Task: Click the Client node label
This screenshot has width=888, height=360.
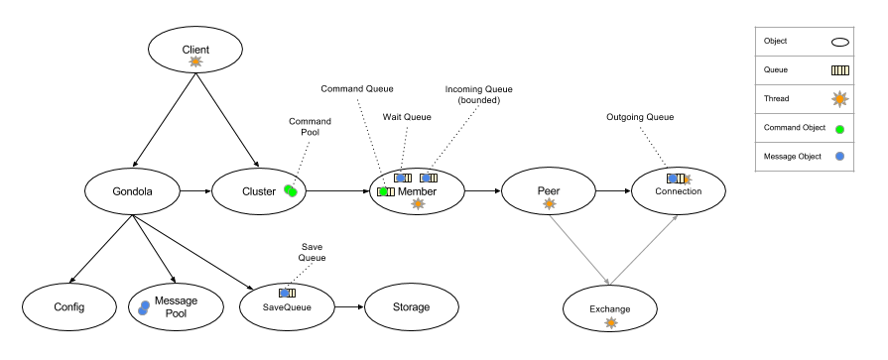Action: (x=195, y=50)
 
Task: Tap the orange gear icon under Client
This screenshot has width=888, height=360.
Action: (x=195, y=61)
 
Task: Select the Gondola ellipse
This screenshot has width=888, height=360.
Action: (x=132, y=191)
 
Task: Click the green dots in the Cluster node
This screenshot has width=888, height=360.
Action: (x=291, y=190)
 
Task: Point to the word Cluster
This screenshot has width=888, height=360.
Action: (x=259, y=191)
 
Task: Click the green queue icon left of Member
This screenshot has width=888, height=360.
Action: (x=385, y=191)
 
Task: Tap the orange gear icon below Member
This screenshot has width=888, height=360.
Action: (x=418, y=203)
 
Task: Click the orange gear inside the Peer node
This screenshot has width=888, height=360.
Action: (x=549, y=203)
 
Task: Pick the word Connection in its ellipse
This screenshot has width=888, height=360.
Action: (x=679, y=191)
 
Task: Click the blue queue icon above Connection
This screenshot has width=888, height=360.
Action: (x=675, y=179)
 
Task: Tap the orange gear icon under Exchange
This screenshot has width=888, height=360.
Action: (x=610, y=322)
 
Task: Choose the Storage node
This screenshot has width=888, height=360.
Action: (x=411, y=307)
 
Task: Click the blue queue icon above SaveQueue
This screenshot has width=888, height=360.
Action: (x=287, y=293)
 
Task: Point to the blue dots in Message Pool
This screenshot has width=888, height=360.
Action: (x=143, y=308)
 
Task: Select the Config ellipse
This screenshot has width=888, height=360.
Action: (x=69, y=307)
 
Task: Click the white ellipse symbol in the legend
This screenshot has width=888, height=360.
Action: (x=839, y=42)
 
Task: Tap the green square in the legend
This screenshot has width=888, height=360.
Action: (x=839, y=129)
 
